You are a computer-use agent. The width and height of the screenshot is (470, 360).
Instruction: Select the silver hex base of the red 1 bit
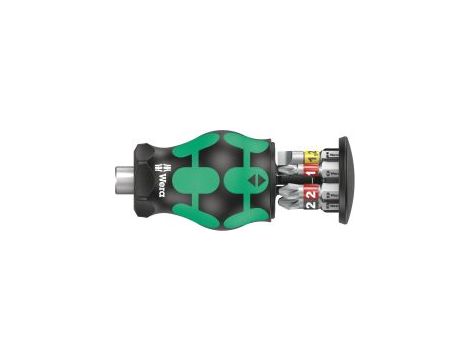[x=330, y=171]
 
